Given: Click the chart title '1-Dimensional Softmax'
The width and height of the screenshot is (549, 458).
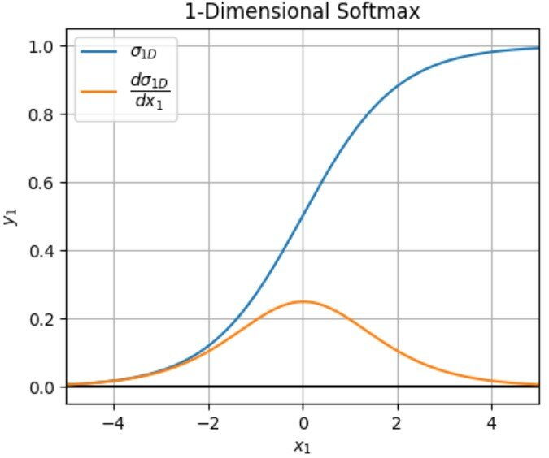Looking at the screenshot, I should click(303, 12).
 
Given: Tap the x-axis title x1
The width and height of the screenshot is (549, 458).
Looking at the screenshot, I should click(303, 445).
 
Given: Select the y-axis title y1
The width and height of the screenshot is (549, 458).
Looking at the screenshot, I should click(11, 217).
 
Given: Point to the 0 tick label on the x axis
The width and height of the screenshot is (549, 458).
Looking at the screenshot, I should click(303, 422).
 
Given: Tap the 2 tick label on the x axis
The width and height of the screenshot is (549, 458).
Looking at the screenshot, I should click(398, 422).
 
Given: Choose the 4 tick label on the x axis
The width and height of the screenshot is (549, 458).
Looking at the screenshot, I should click(492, 422).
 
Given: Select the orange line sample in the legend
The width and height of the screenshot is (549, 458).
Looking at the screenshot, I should click(97, 91).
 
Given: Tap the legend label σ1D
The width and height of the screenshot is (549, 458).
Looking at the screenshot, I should click(142, 54).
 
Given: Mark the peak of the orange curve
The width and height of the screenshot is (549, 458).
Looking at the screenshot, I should click(303, 301).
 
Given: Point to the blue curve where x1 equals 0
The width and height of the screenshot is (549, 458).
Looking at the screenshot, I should click(303, 217).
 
